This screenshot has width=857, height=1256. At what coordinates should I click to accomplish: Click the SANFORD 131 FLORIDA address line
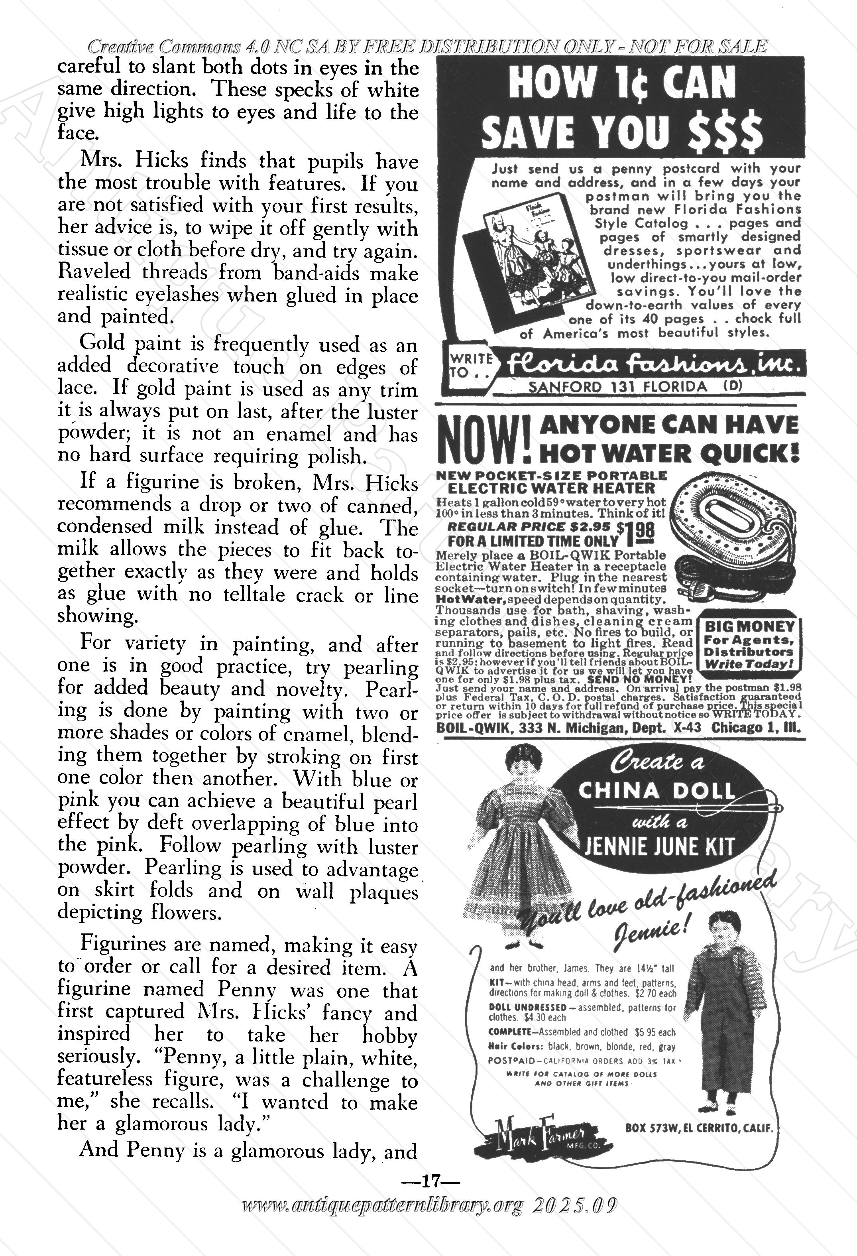pos(617,387)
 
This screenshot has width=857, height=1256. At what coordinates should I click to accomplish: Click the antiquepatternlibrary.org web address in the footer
pos(383,1221)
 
